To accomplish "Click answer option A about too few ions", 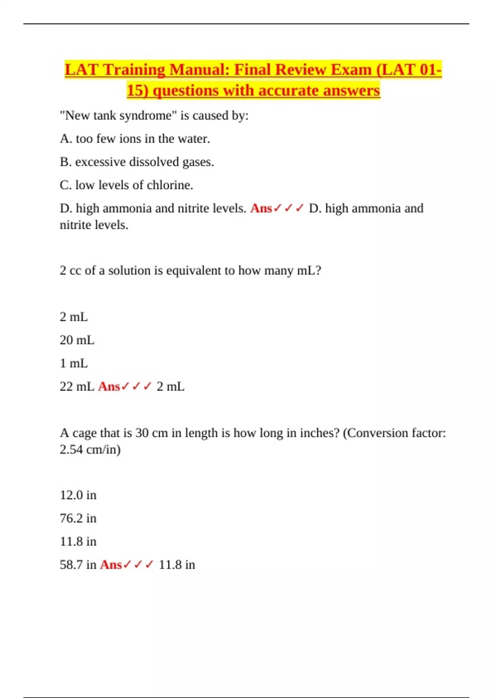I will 135,139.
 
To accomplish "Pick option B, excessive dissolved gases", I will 137,162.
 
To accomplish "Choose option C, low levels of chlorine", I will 126,185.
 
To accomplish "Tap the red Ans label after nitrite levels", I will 261,209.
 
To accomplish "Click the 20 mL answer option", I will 77,340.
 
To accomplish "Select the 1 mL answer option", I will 74,363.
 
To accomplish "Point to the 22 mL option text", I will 77,387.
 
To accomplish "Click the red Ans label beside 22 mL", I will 109,387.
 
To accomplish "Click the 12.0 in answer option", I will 78,495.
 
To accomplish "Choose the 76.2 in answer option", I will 78,519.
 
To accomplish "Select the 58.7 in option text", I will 78,565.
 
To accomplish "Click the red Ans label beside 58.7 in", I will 111,565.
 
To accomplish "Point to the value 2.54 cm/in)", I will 90,450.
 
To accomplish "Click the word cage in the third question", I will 85,433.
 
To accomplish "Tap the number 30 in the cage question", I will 142,433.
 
